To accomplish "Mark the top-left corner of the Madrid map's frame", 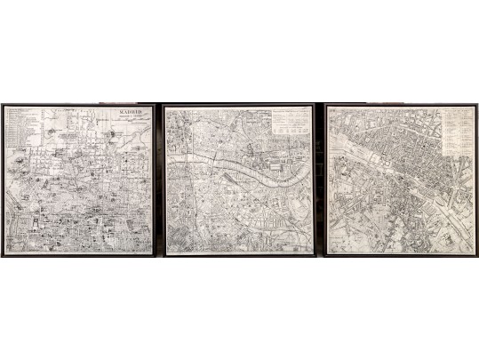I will coord(3,105).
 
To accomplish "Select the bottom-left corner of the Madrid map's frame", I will coord(3,255).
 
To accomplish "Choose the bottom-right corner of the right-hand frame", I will coord(476,255).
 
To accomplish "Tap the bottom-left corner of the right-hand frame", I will coord(325,255).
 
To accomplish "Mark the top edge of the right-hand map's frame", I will coord(401,104).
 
